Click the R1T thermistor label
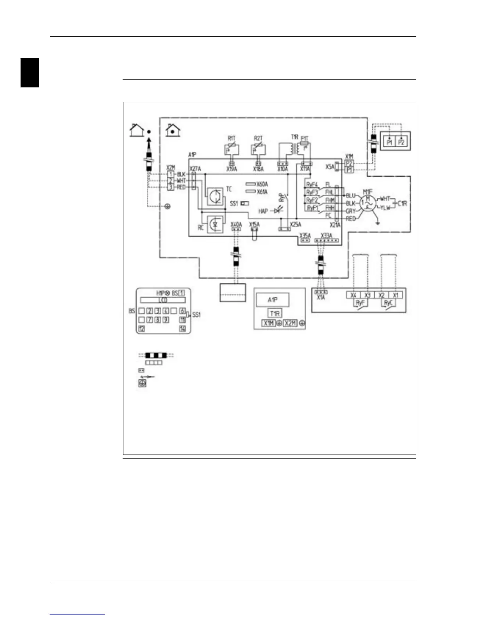[231, 139]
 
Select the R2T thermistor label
[258, 139]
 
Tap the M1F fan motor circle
[367, 203]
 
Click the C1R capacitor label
[402, 203]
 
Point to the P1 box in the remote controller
[389, 142]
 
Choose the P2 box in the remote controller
[401, 142]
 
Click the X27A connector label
[195, 169]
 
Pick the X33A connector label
[326, 236]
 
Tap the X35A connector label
[305, 236]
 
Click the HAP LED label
[263, 211]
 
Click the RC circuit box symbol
[215, 224]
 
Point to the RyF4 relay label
[312, 185]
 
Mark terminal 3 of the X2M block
[171, 187]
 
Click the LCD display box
[163, 300]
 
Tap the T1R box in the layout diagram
[275, 313]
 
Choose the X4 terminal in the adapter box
[353, 295]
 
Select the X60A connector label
[262, 184]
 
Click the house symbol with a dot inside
[173, 130]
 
